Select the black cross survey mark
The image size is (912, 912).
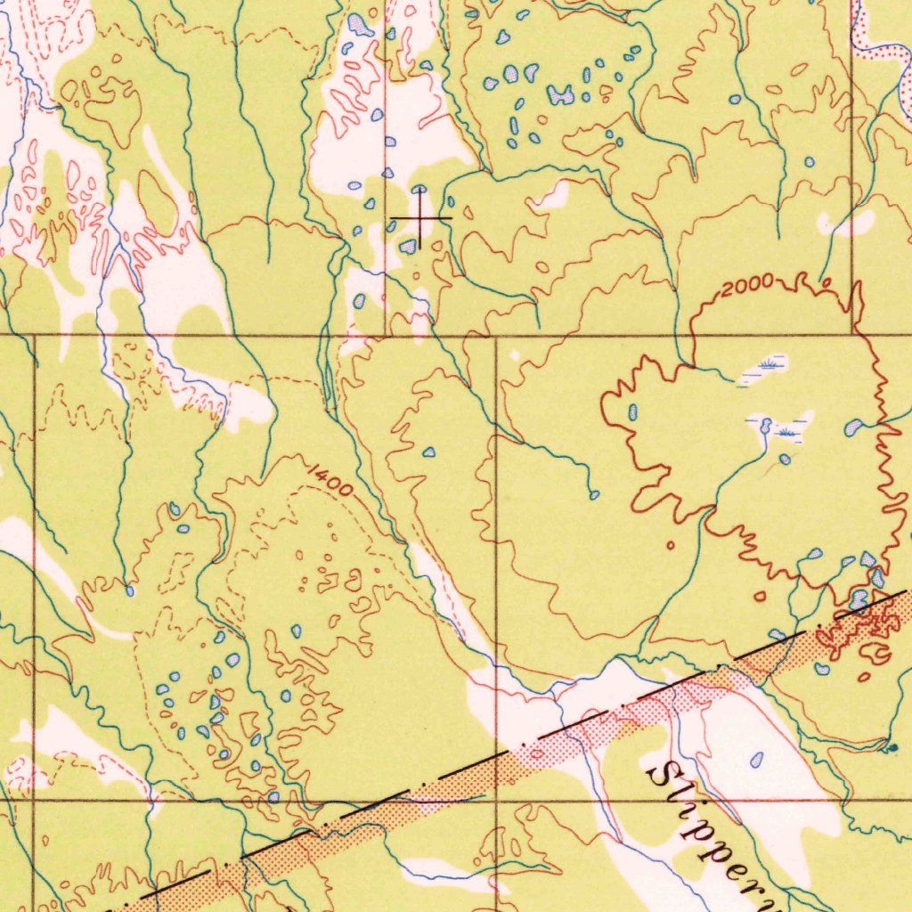point(420,217)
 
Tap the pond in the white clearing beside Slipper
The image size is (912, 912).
point(757,760)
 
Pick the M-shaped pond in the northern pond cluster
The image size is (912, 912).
point(560,94)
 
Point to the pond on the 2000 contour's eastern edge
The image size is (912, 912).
point(853,427)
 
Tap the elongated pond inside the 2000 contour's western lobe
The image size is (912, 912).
point(632,411)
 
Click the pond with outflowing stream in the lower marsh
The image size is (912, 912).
point(765,424)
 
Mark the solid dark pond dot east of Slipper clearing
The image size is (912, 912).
point(893,746)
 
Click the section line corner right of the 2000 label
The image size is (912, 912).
point(852,336)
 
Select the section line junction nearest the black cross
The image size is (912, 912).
point(386,336)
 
